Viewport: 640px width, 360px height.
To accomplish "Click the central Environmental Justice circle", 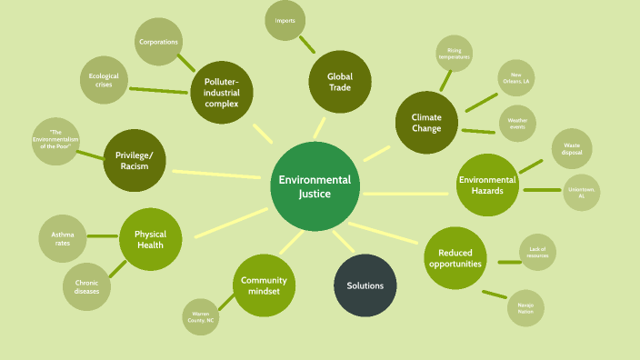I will (315, 185).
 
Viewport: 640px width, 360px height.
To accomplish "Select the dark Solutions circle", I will (365, 285).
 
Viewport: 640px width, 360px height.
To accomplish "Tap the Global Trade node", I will (340, 81).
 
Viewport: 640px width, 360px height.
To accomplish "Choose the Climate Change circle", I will (426, 123).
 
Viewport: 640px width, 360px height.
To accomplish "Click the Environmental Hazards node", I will (487, 185).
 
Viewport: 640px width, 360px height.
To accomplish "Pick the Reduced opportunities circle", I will (455, 258).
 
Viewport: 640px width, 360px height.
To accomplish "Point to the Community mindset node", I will (264, 285).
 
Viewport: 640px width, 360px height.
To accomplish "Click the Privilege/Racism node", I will (135, 160).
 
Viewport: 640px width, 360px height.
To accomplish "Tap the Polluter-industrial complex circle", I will (221, 92).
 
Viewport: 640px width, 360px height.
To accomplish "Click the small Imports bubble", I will (285, 20).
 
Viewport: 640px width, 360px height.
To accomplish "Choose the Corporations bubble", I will (158, 42).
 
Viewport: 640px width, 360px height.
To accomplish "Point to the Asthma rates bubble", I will (63, 240).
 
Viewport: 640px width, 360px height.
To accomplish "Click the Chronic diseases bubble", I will (86, 287).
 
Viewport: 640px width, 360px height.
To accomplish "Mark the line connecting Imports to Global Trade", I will (306, 44).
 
